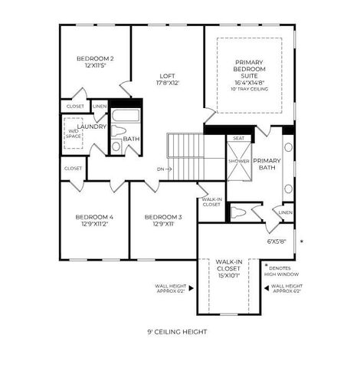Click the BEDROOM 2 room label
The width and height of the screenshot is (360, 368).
click(96, 59)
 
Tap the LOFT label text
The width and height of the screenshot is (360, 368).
click(167, 76)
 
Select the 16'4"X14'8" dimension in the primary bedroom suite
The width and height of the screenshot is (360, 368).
click(250, 81)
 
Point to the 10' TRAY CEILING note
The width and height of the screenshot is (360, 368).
click(250, 89)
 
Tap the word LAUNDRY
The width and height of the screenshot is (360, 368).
click(92, 127)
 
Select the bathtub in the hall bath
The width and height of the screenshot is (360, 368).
click(125, 116)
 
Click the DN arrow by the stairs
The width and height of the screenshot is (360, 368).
click(164, 169)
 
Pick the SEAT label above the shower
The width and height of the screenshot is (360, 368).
click(238, 139)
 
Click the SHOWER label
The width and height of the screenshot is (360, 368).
click(238, 162)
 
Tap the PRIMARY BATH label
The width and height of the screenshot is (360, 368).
click(268, 163)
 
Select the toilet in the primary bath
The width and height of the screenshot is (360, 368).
click(240, 211)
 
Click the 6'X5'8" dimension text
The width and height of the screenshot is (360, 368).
click(275, 240)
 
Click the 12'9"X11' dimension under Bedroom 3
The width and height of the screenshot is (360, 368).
click(162, 225)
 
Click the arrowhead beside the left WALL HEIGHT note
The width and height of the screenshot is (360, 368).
click(191, 288)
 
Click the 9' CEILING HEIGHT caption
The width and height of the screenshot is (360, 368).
click(177, 332)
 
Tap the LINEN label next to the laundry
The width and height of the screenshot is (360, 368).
click(100, 107)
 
